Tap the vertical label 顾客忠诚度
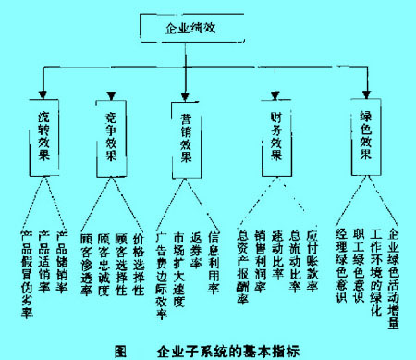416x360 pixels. tap(104, 263)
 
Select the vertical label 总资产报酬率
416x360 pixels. tap(243, 268)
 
